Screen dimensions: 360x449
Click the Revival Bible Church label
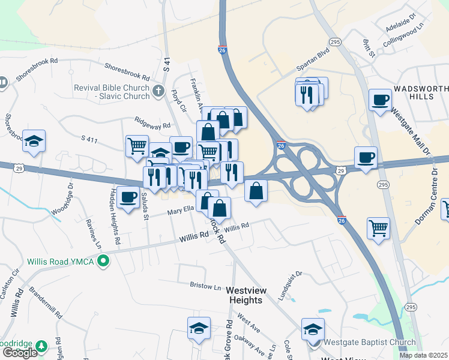pos(112,92)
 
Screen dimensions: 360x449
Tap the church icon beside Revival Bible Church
pos(158,92)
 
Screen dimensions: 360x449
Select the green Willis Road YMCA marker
pos(104,261)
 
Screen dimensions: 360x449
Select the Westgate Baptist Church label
pos(369,343)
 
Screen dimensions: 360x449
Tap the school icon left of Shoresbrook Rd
pos(34,141)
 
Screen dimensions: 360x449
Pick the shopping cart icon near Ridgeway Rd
pos(137,145)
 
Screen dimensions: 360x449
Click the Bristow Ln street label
pos(206,286)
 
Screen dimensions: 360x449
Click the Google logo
pos(19,353)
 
